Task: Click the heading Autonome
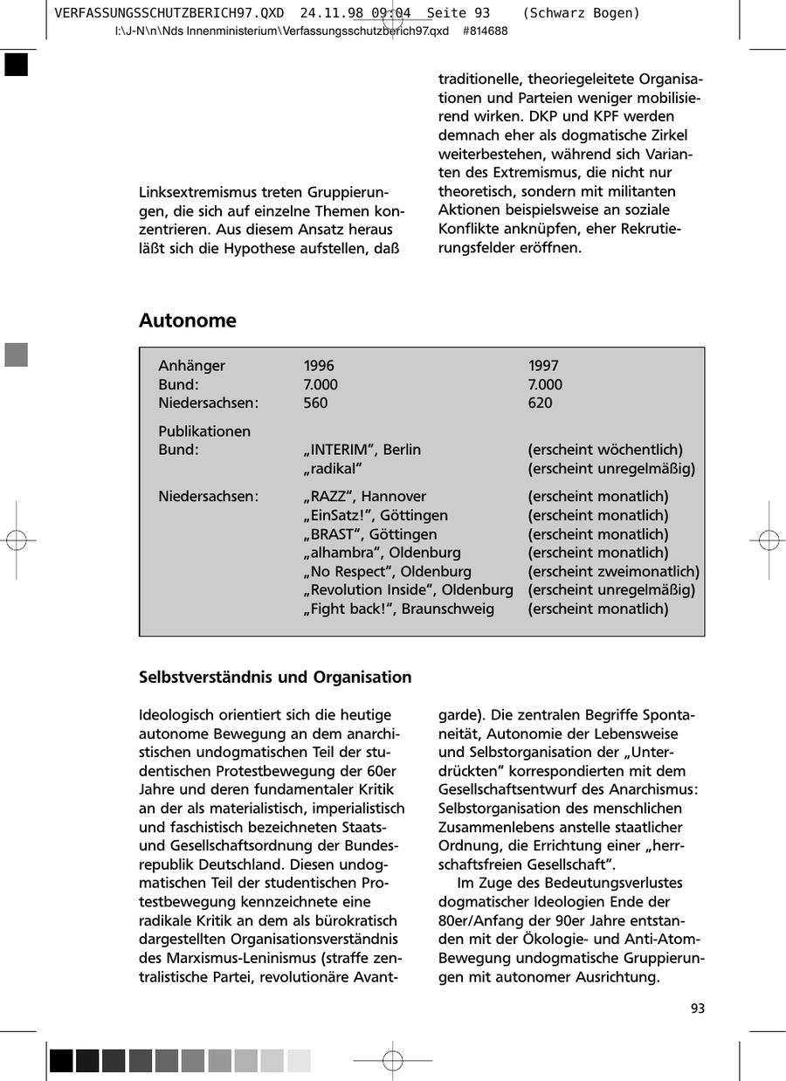(x=187, y=320)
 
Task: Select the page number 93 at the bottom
(x=697, y=1009)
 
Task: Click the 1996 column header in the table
(x=319, y=366)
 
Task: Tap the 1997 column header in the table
(x=543, y=366)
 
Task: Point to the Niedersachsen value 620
(x=540, y=403)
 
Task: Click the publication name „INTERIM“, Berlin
(x=362, y=450)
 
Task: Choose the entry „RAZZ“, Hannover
(x=364, y=497)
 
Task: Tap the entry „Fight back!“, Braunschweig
(x=398, y=609)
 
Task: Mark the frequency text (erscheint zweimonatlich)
(x=613, y=571)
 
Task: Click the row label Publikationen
(x=203, y=431)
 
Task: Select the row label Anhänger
(x=191, y=366)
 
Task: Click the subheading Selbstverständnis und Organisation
(x=275, y=678)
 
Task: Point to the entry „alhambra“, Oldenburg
(x=382, y=553)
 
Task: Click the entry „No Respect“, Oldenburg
(x=387, y=571)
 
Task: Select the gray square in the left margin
(x=17, y=355)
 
